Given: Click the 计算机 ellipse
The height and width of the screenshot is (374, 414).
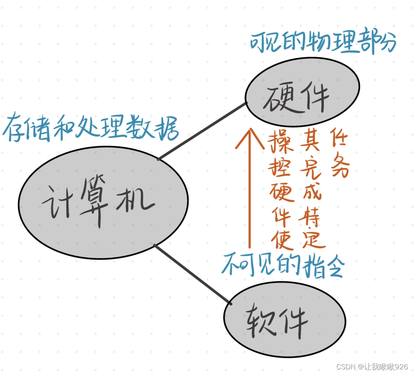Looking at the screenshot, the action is [x=103, y=203].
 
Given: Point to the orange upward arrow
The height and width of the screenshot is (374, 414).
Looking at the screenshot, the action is [x=249, y=191].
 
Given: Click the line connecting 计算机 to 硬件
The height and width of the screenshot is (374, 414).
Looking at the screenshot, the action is [x=202, y=131].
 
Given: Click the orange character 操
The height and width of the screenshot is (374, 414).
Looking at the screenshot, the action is [x=281, y=142].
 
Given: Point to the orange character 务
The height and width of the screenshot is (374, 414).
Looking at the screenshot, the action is [x=340, y=167].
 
